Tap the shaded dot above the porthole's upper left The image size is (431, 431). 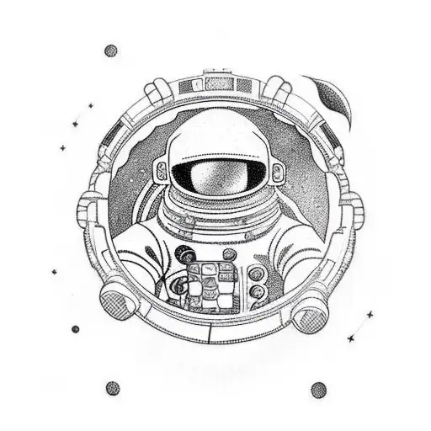(110, 51)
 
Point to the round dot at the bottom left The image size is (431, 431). (112, 388)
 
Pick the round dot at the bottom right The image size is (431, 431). (318, 389)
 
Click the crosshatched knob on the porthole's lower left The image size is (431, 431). (114, 301)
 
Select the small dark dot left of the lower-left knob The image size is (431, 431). (75, 328)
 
